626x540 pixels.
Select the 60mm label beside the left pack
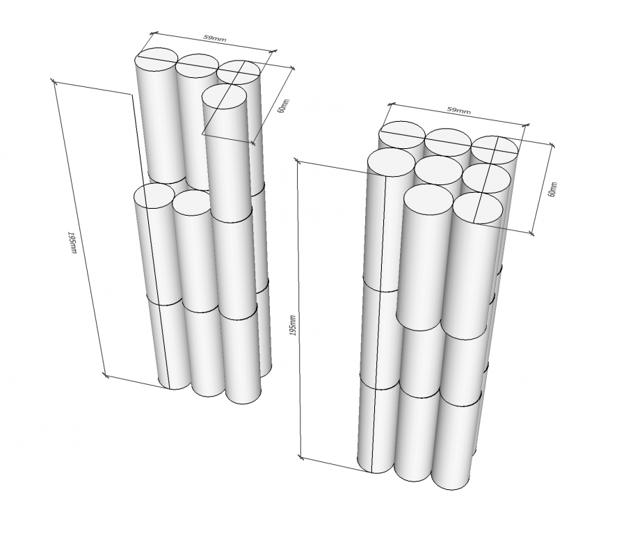pos(282,106)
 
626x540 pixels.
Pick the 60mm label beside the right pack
pos(552,189)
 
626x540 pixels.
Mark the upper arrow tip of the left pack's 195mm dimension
pos(53,81)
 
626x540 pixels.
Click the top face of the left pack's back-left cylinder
pos(159,59)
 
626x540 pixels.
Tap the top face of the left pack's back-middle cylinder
pos(198,65)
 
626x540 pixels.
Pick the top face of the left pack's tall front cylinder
pos(224,95)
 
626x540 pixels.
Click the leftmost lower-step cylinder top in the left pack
pos(154,196)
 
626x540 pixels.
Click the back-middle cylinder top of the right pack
pos(449,140)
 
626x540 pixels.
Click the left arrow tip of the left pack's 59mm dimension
pos(151,33)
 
